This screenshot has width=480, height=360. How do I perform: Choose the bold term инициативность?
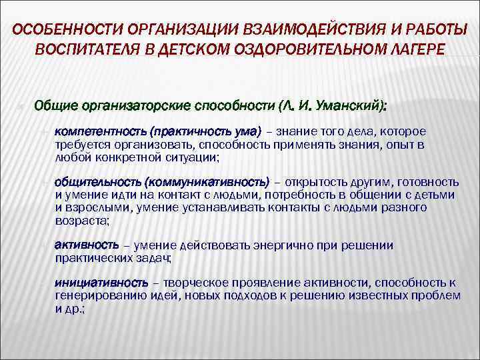click(x=96, y=282)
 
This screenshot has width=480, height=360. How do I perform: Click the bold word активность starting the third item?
click(x=87, y=245)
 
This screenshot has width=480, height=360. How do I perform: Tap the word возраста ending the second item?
click(x=83, y=220)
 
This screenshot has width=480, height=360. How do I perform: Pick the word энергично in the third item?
click(x=281, y=245)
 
